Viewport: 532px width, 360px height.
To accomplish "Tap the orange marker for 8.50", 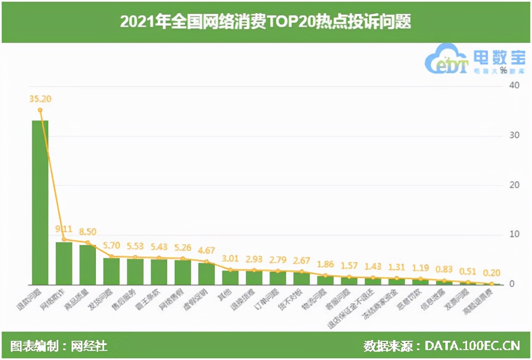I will (88, 242).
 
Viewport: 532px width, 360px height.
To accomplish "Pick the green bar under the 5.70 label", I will (111, 271).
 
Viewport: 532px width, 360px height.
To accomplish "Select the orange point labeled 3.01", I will (230, 270).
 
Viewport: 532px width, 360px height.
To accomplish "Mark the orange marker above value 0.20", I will (492, 283).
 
